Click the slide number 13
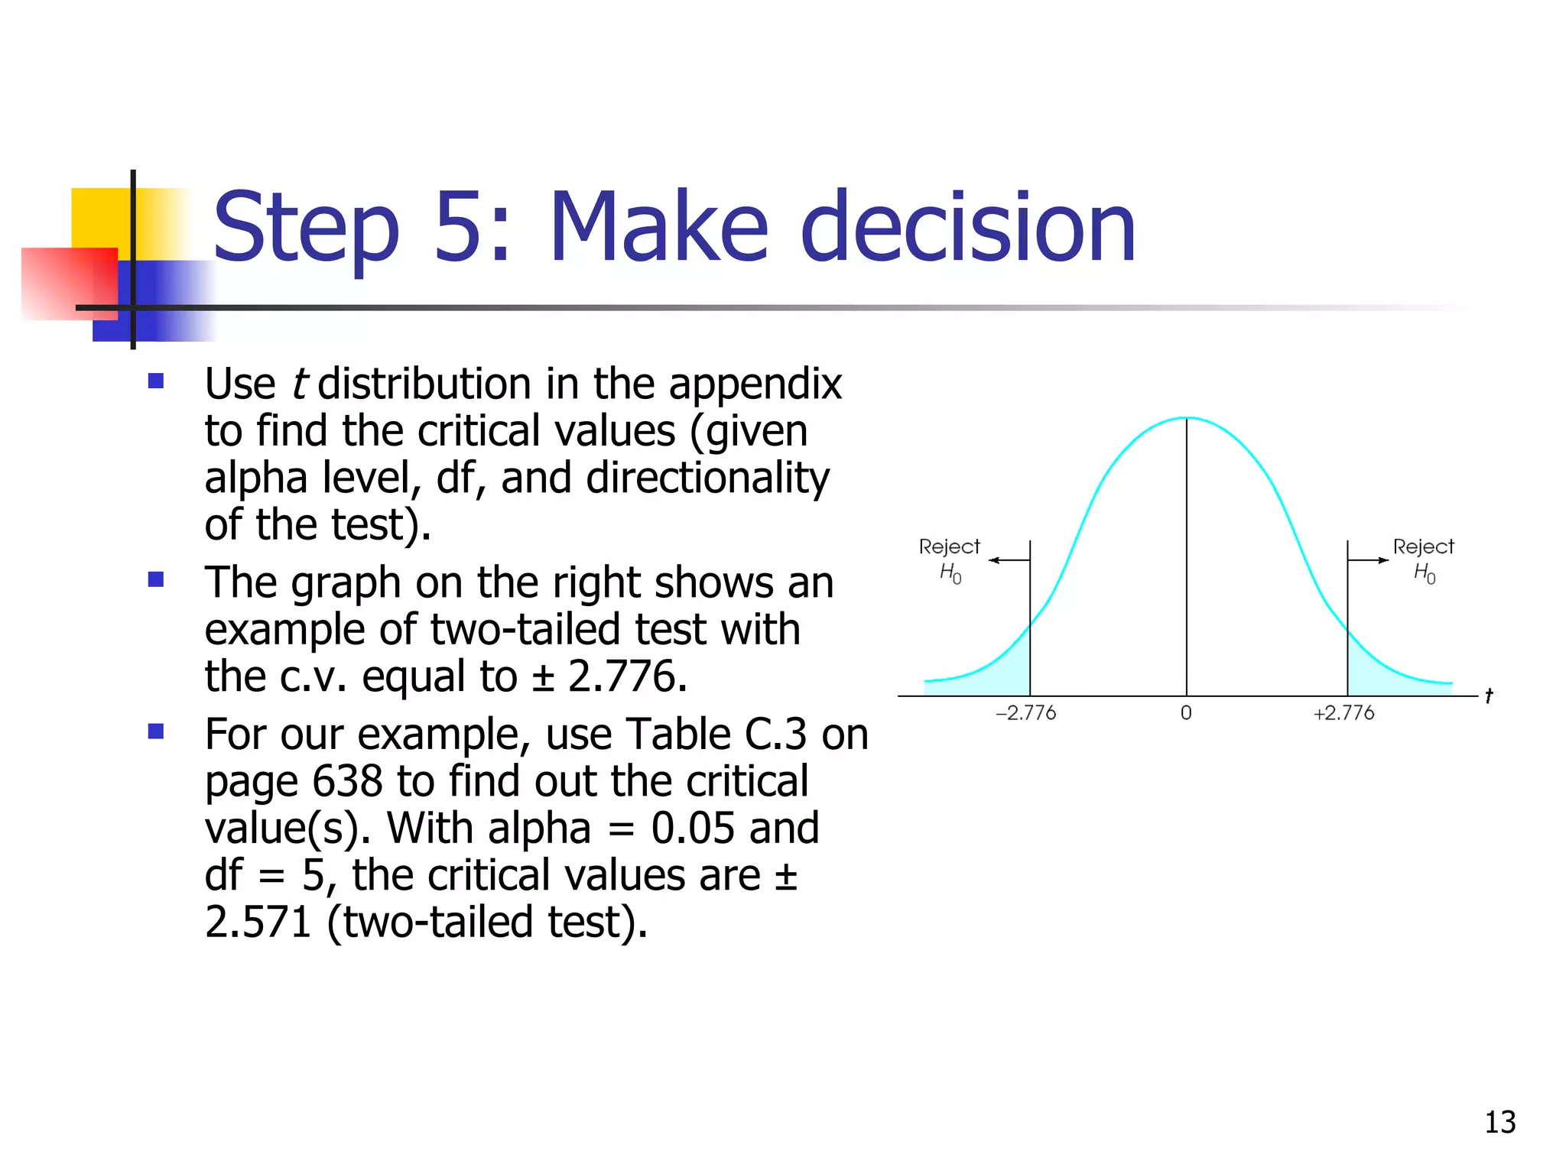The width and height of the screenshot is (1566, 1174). click(x=1499, y=1122)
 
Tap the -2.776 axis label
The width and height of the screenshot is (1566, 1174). click(x=1025, y=713)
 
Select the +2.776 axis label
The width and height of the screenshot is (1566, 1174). click(x=1343, y=713)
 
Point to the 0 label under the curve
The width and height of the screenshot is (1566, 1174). click(x=1186, y=713)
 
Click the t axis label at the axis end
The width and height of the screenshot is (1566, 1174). click(x=1488, y=696)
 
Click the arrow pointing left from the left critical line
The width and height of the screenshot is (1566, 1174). click(x=1008, y=560)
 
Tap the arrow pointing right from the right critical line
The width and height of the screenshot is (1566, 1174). click(x=1369, y=560)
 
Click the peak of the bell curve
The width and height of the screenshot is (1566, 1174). click(x=1187, y=418)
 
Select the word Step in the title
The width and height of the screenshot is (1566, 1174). click(x=306, y=228)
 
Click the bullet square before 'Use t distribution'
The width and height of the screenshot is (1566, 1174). click(x=156, y=381)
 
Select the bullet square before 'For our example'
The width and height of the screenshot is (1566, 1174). click(x=156, y=731)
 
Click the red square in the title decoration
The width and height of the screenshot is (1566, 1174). click(x=69, y=283)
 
